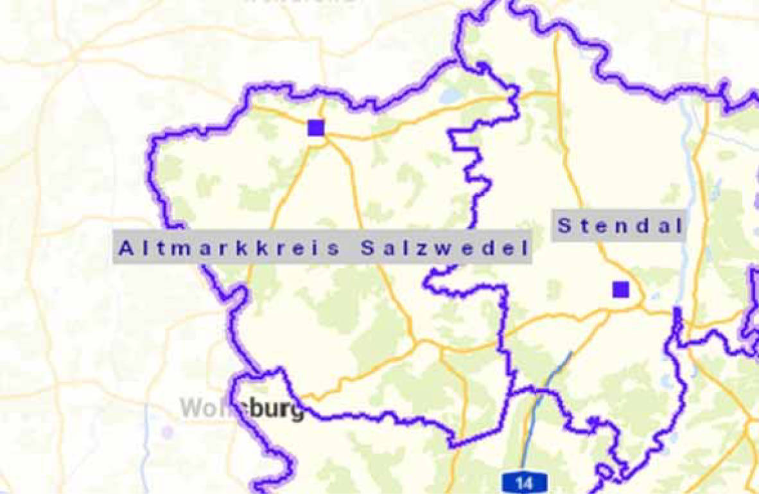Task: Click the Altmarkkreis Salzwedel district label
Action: click(323, 247)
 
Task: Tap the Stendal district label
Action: click(619, 225)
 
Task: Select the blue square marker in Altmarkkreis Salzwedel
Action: click(316, 127)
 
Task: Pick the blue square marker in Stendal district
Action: click(620, 289)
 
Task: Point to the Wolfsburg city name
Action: click(242, 409)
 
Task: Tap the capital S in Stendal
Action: click(564, 225)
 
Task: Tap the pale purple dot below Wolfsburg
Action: click(168, 432)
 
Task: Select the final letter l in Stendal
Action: click(677, 225)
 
